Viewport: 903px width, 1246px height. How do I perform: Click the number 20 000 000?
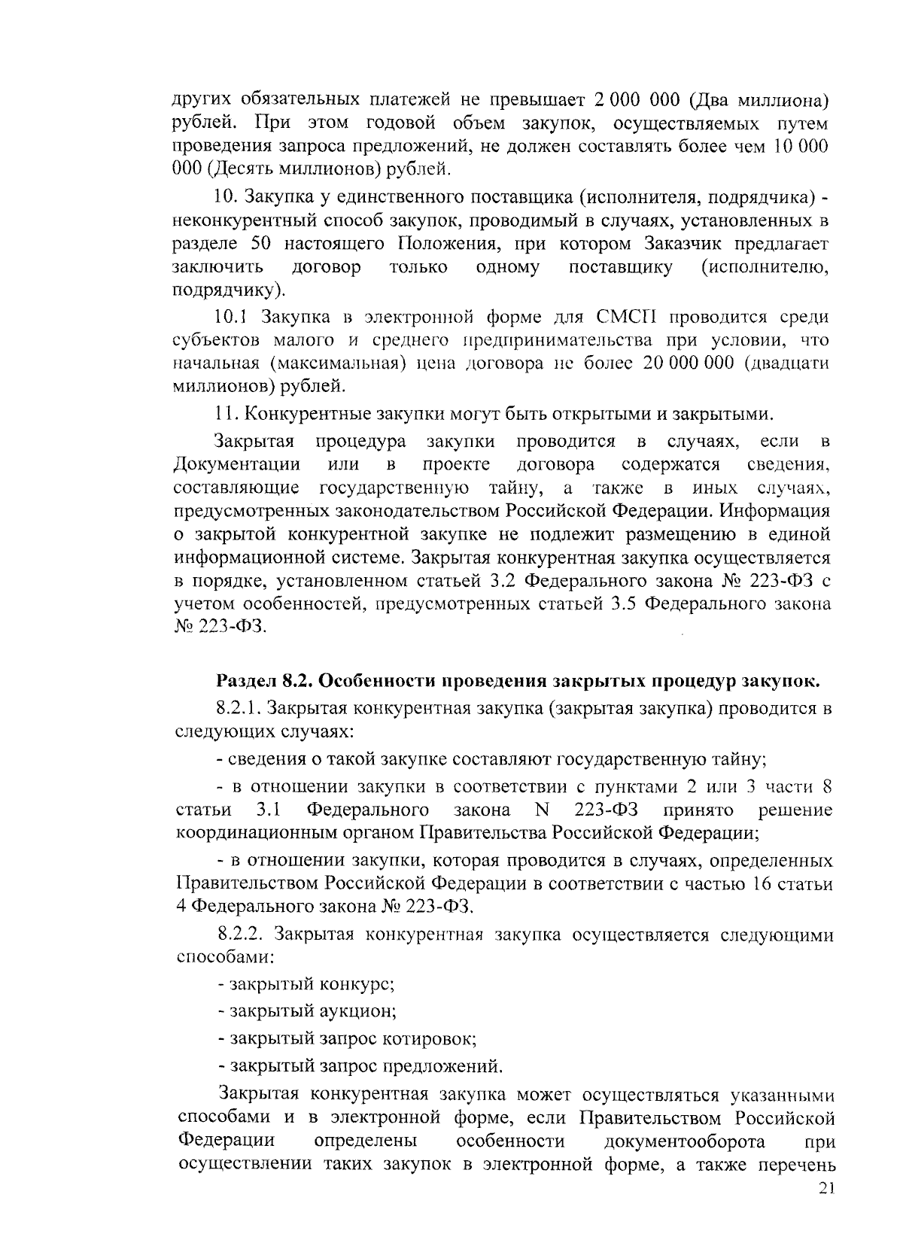(x=689, y=363)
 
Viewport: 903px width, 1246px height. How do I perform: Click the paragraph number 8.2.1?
(x=239, y=708)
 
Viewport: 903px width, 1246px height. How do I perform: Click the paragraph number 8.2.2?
(x=240, y=935)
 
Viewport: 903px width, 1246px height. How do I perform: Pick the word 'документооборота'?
(x=685, y=1141)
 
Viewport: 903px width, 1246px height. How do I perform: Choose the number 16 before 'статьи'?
(x=764, y=883)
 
